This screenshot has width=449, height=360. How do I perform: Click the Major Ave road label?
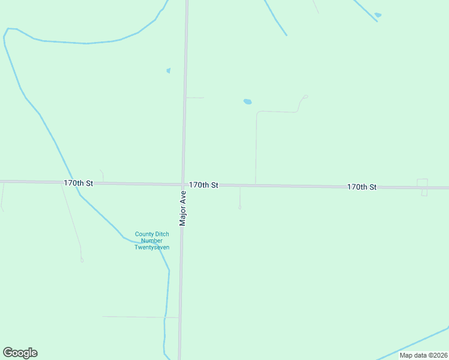click(183, 208)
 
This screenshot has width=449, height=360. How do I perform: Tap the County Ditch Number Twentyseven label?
click(152, 241)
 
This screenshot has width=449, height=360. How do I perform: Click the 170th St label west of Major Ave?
click(79, 182)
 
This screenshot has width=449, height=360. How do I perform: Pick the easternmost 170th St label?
click(361, 187)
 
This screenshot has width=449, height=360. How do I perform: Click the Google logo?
click(20, 353)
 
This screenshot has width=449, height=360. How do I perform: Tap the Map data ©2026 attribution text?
click(423, 355)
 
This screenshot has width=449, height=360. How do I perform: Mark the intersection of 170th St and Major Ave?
click(182, 184)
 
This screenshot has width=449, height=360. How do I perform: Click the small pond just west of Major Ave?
click(169, 71)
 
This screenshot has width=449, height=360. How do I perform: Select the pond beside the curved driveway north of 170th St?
click(247, 101)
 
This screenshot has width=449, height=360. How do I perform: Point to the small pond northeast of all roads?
click(378, 15)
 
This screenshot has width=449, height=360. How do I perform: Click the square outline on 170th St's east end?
click(423, 187)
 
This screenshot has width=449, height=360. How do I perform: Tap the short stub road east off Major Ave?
click(194, 97)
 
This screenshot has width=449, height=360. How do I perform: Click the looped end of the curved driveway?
click(306, 96)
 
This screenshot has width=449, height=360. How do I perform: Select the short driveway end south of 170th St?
click(240, 208)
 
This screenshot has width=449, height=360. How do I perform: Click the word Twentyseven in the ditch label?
click(152, 247)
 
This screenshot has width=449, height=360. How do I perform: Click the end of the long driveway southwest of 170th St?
click(82, 260)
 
